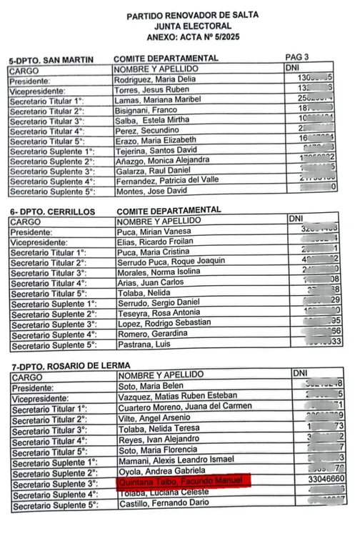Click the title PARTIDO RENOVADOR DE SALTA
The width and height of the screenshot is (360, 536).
pyautogui.click(x=192, y=14)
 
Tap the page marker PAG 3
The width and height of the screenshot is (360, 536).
pyautogui.click(x=296, y=56)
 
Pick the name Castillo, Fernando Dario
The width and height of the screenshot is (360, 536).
pyautogui.click(x=155, y=505)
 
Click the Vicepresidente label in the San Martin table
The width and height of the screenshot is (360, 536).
pyautogui.click(x=39, y=91)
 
